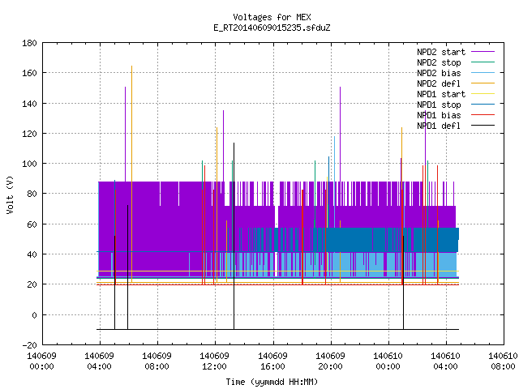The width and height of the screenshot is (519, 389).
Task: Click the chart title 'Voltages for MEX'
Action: pos(272,17)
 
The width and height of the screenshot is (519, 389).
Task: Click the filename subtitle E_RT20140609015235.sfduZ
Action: pos(272,28)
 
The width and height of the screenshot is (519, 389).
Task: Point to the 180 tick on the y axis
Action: pos(29,43)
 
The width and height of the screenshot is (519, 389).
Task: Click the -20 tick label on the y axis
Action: pos(29,345)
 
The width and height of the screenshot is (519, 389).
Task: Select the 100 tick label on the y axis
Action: pos(29,164)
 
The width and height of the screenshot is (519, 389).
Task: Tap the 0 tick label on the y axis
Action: pos(34,315)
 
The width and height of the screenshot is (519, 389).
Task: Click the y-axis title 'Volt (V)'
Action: pos(11,194)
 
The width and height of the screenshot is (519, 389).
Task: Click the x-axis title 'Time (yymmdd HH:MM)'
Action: pos(272,382)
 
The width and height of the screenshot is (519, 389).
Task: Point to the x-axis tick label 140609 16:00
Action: pos(272,361)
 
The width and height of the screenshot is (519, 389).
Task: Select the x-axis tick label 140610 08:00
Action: pos(503,361)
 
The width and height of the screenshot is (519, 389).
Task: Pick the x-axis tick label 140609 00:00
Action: pos(41,361)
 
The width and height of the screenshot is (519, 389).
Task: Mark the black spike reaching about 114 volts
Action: pos(234,236)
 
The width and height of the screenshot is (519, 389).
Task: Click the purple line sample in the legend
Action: pos(483,52)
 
